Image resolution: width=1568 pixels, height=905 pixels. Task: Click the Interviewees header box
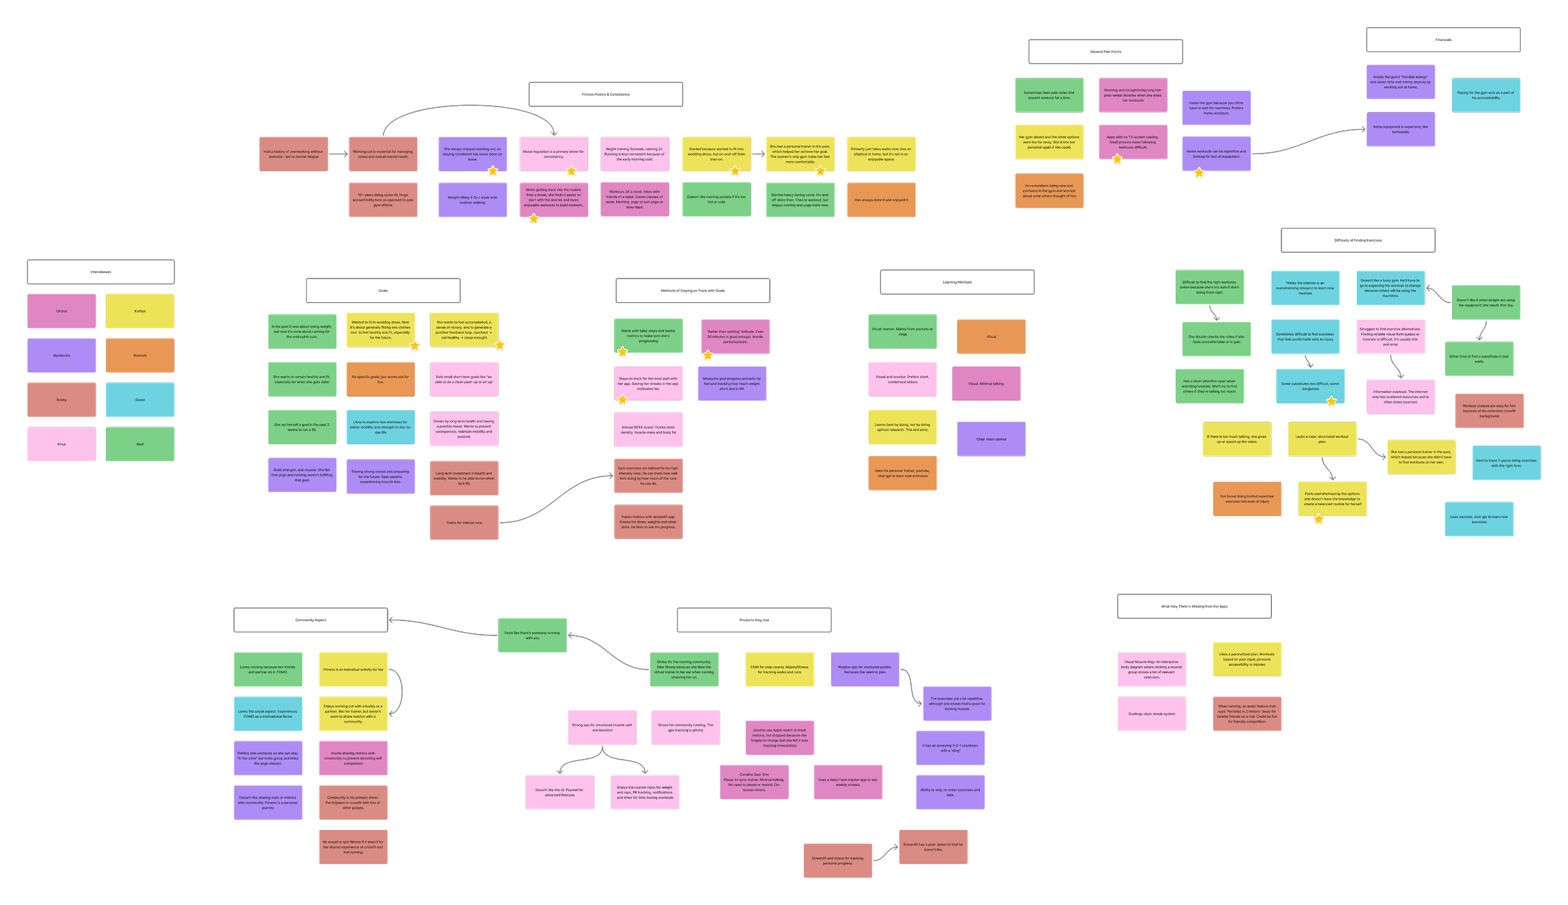click(x=101, y=272)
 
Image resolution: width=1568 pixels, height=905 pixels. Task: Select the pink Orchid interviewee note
click(x=61, y=311)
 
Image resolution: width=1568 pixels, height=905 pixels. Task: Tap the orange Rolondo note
click(x=140, y=356)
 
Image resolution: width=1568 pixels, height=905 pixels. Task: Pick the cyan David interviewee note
click(x=140, y=400)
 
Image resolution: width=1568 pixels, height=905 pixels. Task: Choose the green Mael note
click(x=140, y=444)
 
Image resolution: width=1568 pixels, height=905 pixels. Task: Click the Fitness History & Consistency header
click(x=605, y=94)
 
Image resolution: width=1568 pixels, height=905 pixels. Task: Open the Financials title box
click(x=1443, y=40)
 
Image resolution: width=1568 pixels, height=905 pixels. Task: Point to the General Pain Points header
click(x=1105, y=52)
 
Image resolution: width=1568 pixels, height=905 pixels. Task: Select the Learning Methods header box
click(x=957, y=282)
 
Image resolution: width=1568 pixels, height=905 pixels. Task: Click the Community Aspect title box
click(x=310, y=620)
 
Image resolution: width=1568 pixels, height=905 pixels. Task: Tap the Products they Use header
click(x=754, y=620)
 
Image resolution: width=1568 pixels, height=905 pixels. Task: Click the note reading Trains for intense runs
click(x=464, y=523)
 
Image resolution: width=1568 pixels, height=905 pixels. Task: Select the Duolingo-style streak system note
click(x=1151, y=714)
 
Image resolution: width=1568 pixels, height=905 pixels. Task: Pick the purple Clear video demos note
click(x=991, y=439)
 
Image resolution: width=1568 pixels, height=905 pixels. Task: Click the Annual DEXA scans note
click(x=648, y=430)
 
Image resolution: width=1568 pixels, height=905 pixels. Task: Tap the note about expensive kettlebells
click(x=1400, y=129)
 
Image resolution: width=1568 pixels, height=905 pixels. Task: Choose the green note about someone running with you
click(x=532, y=635)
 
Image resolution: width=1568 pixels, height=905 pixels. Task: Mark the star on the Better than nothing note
click(x=708, y=355)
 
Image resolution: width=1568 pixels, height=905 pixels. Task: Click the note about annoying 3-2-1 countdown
click(x=950, y=748)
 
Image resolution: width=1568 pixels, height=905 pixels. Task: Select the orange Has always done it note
click(x=881, y=200)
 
